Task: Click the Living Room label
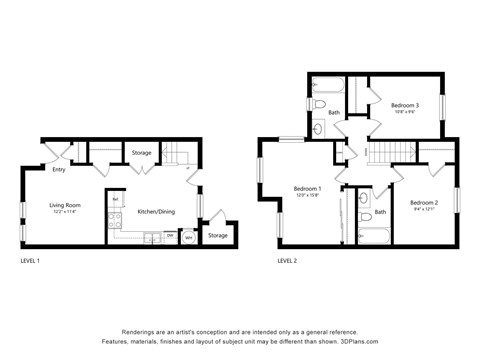[x=65, y=205]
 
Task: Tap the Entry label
[x=59, y=169]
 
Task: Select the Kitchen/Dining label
[x=157, y=211]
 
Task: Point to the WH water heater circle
[x=188, y=237]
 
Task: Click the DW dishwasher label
[x=169, y=237]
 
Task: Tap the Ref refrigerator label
[x=116, y=199]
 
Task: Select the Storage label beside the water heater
[x=217, y=235]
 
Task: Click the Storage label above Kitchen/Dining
[x=141, y=153]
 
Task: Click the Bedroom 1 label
[x=307, y=188]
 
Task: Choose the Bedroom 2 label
[x=424, y=203]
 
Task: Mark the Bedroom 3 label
[x=404, y=105]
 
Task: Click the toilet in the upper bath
[x=319, y=103]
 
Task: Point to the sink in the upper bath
[x=318, y=128]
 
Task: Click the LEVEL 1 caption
[x=31, y=260]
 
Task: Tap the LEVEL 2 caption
[x=287, y=260]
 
